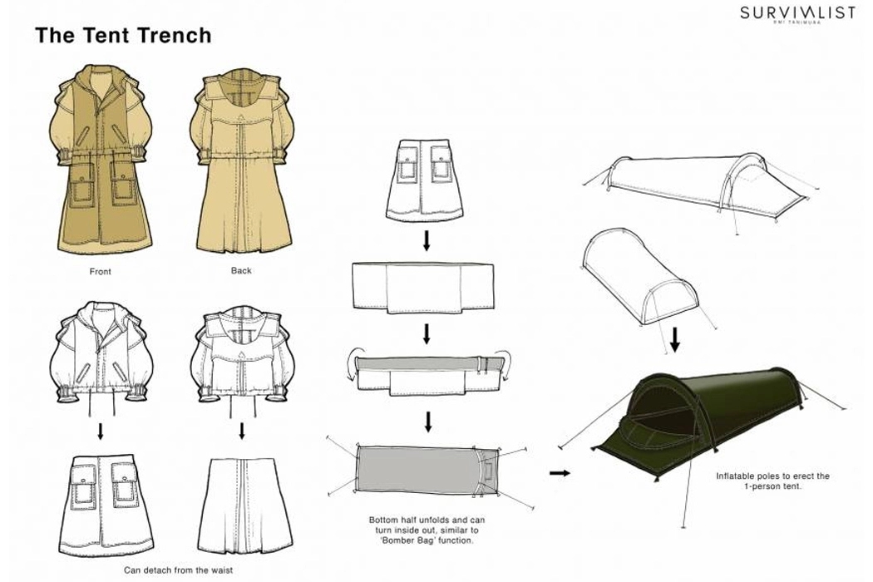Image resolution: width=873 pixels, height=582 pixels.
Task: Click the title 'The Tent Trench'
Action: (123, 36)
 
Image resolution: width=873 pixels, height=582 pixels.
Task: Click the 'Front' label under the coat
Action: (100, 271)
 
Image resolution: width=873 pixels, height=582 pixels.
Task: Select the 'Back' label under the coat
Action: (240, 270)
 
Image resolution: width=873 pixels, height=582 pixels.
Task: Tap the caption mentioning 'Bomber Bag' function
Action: (425, 530)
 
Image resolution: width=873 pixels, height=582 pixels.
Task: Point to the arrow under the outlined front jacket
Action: (101, 431)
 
